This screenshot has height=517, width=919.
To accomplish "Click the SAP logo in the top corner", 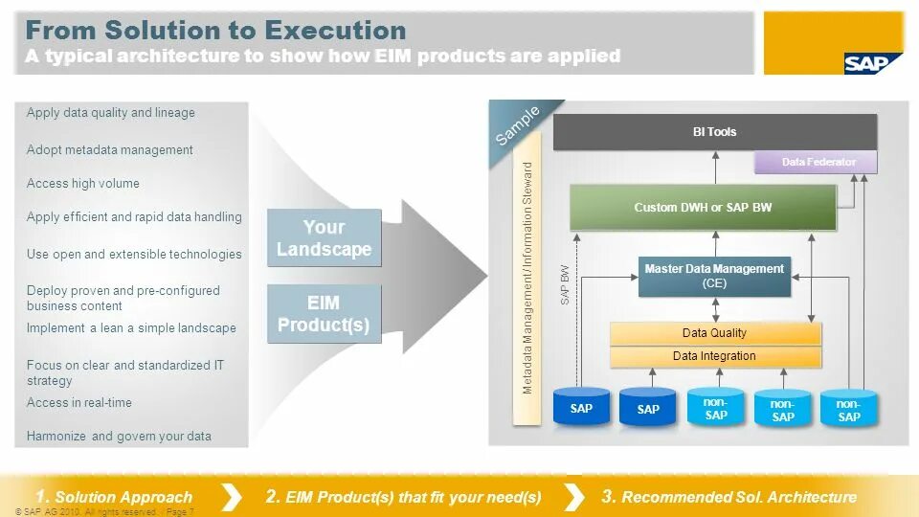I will (x=872, y=63).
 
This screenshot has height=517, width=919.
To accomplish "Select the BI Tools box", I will (x=714, y=132).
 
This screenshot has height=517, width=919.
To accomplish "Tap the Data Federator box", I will (x=817, y=162).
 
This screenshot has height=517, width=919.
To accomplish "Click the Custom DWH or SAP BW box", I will (x=703, y=207).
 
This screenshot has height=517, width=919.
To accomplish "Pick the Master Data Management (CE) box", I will (x=714, y=276).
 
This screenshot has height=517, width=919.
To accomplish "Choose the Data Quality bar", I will (x=714, y=333).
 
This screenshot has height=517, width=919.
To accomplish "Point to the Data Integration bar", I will (x=714, y=356).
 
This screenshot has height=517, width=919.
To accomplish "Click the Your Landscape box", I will (x=324, y=238).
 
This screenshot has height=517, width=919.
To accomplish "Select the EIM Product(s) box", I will (x=324, y=314).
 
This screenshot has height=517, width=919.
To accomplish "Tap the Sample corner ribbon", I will (x=517, y=126).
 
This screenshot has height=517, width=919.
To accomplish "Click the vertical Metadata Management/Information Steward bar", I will (x=527, y=278).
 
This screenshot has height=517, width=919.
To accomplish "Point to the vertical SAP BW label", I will (x=565, y=284).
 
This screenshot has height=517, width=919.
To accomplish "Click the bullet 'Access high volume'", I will (x=83, y=184).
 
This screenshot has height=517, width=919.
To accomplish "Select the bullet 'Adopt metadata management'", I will (x=110, y=150).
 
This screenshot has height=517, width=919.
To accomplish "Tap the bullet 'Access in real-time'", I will (x=79, y=403).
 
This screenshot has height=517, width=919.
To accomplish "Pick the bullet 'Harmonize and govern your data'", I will (x=119, y=437).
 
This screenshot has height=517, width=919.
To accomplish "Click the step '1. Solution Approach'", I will (x=114, y=497).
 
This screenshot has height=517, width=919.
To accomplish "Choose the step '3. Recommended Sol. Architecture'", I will (x=728, y=497).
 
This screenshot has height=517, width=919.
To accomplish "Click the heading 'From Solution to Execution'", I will (x=215, y=31).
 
